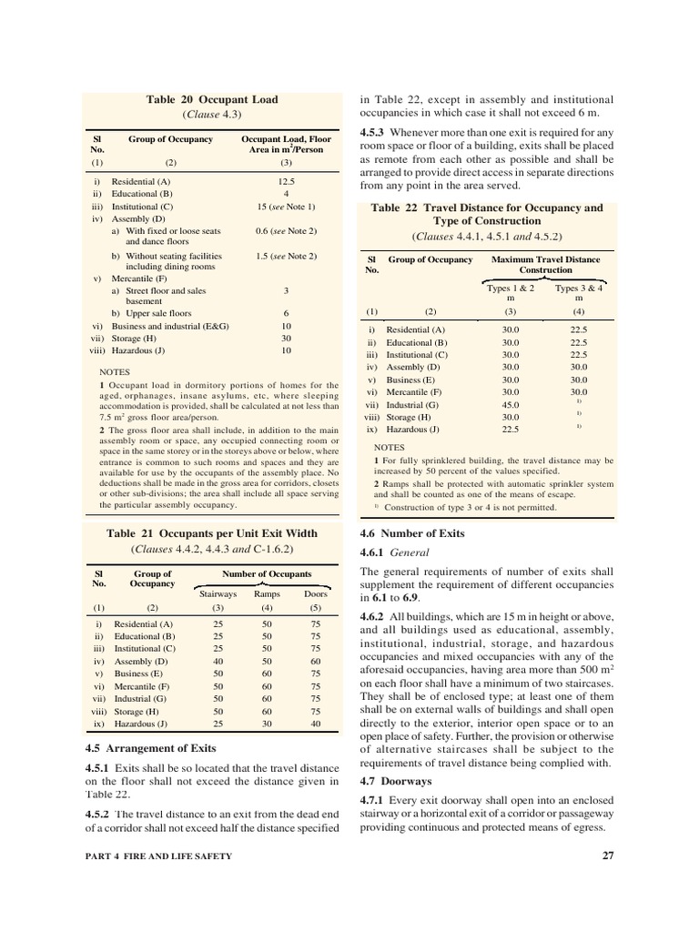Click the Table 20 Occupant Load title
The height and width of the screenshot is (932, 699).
coord(212,99)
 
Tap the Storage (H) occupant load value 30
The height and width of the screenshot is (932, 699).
coord(285,337)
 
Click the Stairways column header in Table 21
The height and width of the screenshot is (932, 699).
coord(218,593)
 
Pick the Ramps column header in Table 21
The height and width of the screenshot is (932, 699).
coord(267,593)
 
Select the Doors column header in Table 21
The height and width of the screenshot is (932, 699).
coord(315,593)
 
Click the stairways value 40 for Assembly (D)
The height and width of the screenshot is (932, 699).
coord(218,662)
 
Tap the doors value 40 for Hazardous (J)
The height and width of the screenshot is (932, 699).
coord(315,724)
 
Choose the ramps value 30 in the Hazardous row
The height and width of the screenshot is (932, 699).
coord(267,724)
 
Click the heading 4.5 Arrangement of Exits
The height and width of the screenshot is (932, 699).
coord(150,747)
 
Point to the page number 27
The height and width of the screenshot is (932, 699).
coord(608,855)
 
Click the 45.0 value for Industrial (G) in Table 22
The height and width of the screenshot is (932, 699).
coord(510,404)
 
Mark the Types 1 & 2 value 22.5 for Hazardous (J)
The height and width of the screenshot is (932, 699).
coord(510,430)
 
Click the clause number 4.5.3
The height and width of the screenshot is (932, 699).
coord(376,132)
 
